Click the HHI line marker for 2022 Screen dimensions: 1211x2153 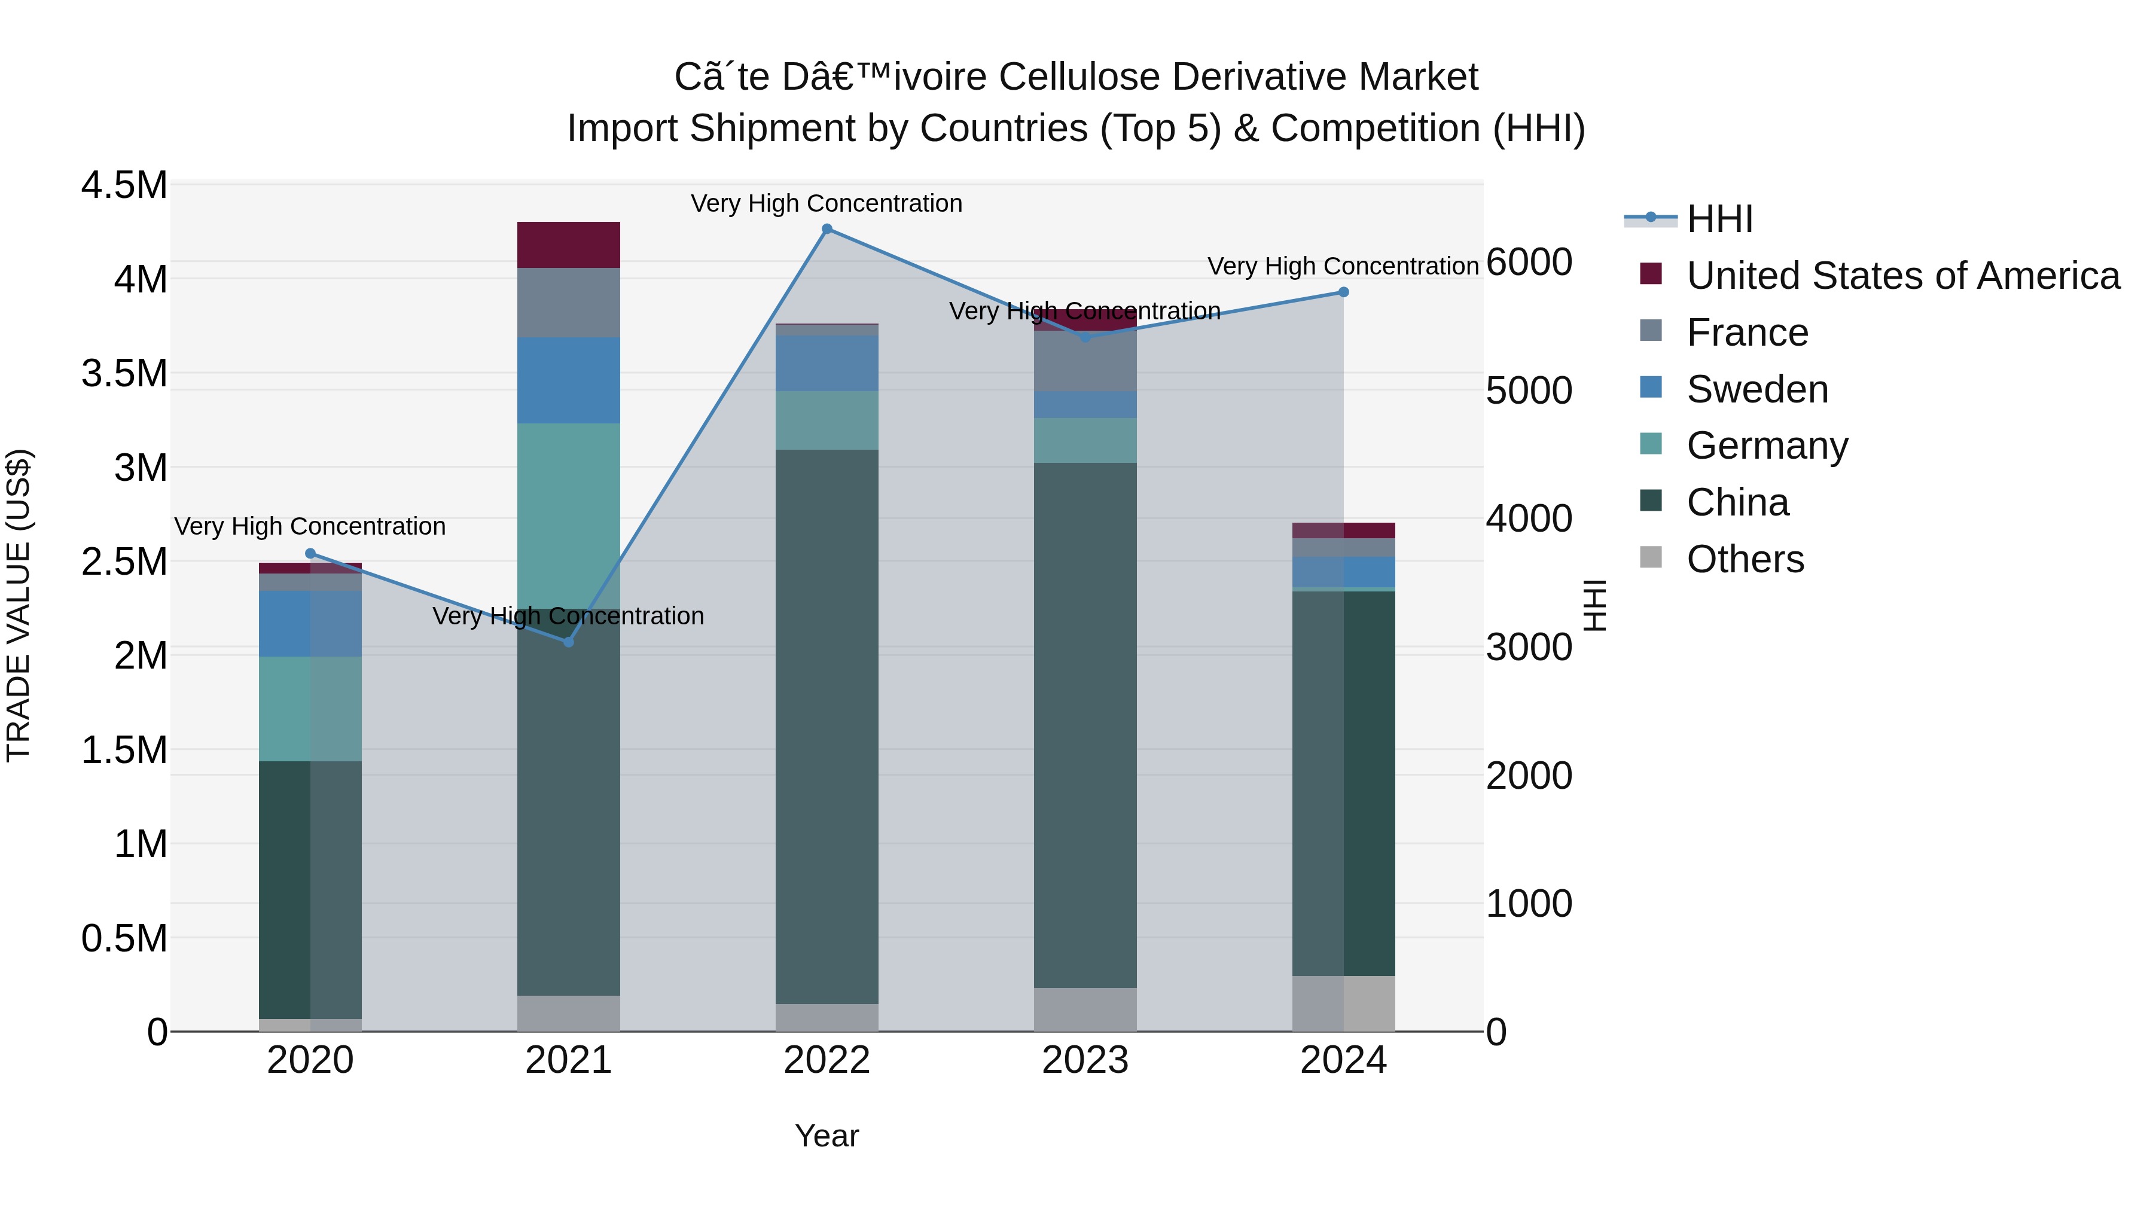827,229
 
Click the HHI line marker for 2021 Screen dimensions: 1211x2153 568,642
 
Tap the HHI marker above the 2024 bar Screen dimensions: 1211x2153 1343,292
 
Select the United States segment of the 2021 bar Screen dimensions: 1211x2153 568,245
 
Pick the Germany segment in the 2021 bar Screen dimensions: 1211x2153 568,515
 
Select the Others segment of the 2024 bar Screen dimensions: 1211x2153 1343,1003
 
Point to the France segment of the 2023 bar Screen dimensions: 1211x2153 1085,361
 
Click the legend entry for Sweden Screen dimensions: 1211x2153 1757,389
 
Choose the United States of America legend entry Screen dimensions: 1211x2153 1902,276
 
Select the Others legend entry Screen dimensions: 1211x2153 1745,559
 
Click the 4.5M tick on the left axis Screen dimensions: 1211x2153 124,185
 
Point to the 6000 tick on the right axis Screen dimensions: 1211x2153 1529,263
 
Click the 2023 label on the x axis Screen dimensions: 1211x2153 1085,1060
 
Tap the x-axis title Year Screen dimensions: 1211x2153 827,1136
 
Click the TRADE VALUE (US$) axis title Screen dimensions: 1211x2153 19,605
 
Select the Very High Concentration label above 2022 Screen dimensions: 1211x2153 827,203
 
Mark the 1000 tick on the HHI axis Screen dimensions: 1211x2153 1529,904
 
